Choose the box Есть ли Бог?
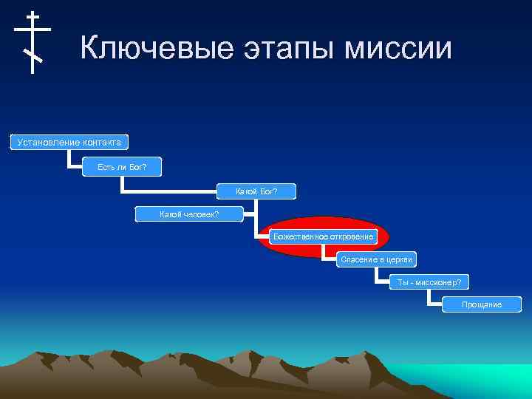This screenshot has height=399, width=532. (x=122, y=168)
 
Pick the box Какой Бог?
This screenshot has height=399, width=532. (x=256, y=192)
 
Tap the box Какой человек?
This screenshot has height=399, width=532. (x=189, y=214)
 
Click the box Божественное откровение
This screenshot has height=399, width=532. (x=324, y=237)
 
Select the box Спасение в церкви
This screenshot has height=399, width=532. (x=375, y=259)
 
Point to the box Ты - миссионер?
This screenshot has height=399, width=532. (x=429, y=282)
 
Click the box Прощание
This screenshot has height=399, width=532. (x=481, y=304)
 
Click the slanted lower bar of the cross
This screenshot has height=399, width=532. (x=33, y=55)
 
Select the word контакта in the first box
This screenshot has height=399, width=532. (x=99, y=142)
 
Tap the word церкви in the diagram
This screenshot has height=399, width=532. (x=398, y=259)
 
